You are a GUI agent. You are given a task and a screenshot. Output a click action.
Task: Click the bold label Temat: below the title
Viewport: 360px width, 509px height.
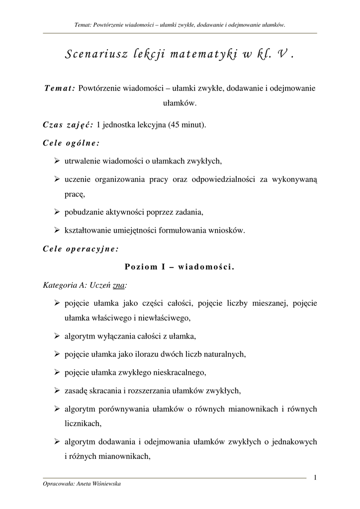pos(60,87)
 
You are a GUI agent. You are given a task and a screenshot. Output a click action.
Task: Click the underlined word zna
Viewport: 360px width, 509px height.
pos(119,285)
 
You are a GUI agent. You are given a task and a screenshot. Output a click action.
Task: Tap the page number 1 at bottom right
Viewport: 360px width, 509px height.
pos(315,478)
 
